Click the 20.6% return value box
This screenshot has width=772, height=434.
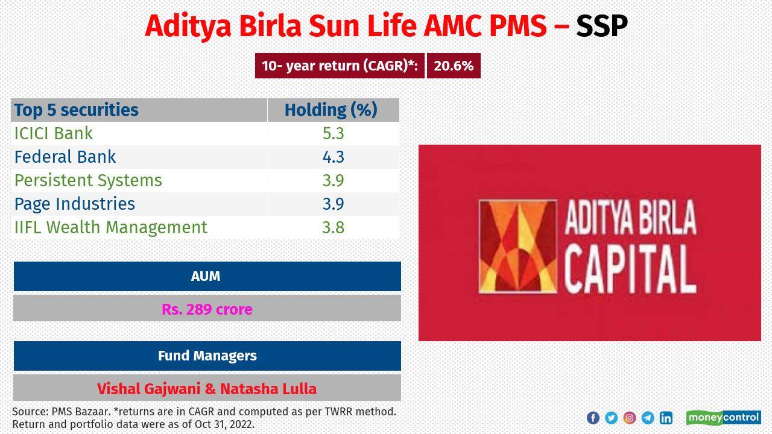454,66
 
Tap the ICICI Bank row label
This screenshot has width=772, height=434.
54,133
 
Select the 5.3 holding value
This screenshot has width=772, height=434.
333,133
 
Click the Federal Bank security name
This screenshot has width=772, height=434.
65,157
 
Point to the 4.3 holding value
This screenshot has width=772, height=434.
333,157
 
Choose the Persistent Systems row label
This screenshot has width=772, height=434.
88,180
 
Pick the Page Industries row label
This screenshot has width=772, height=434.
75,204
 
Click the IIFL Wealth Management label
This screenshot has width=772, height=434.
111,227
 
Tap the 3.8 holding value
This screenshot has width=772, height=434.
333,227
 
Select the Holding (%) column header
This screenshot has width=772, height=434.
331,110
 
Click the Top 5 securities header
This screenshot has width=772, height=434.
77,110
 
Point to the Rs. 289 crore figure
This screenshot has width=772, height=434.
207,309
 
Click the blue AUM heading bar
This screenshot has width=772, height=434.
207,276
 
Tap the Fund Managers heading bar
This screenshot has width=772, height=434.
207,356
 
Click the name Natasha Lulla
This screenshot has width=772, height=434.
268,389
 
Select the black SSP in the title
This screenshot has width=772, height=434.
601,26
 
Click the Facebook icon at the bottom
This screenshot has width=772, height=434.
593,418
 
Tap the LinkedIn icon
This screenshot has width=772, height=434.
666,418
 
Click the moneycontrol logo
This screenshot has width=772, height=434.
723,418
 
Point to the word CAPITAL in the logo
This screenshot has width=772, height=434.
630,271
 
